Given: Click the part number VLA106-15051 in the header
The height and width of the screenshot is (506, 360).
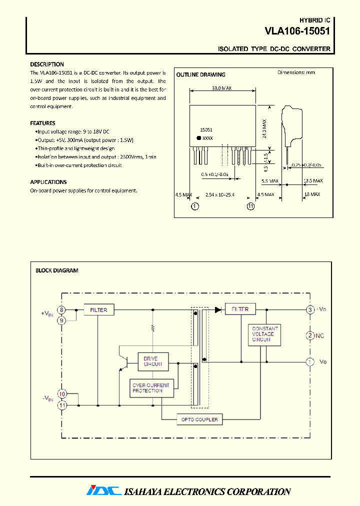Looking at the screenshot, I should (x=297, y=31).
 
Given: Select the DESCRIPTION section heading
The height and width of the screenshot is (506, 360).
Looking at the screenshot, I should (x=47, y=64).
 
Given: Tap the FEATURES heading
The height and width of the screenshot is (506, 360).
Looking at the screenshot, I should (x=42, y=123).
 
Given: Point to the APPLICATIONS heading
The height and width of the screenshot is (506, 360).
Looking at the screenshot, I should (x=48, y=182).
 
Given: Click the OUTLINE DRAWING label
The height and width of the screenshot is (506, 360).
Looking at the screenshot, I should (x=200, y=74).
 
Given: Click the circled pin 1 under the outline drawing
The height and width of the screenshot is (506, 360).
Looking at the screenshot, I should (x=195, y=205).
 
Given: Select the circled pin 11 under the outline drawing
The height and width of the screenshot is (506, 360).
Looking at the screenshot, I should (x=250, y=205).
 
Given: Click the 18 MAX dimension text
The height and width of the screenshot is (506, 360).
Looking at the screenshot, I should (x=311, y=194).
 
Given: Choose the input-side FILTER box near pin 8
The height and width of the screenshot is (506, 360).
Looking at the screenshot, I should (x=98, y=310).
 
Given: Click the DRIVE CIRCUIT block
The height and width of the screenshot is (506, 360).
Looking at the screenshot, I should (x=153, y=361).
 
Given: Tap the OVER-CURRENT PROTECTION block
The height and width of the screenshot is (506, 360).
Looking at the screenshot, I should (x=151, y=388).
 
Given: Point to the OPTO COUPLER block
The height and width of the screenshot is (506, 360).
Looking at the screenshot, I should (x=199, y=419).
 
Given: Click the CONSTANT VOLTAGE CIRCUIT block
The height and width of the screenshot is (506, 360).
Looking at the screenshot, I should (x=264, y=334).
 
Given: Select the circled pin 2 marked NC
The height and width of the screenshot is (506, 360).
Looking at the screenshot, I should (x=310, y=335).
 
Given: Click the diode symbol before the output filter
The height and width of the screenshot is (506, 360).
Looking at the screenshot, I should (x=218, y=310).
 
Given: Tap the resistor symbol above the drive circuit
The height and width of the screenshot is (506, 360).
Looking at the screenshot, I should (x=153, y=329).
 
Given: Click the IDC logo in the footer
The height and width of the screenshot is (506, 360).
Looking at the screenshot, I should (x=103, y=491).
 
